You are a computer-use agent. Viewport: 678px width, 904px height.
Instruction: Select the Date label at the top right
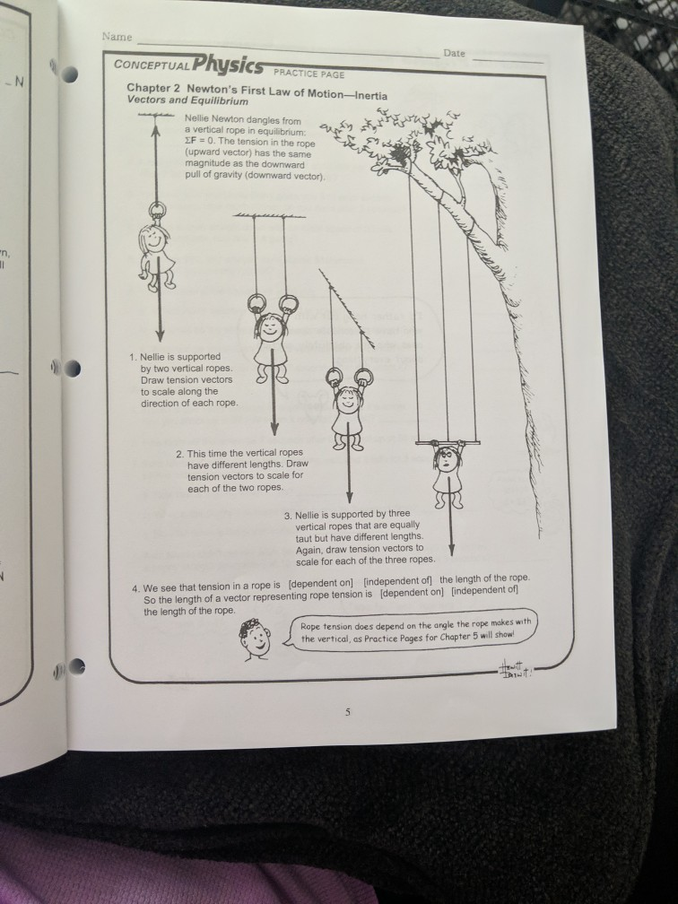pyautogui.click(x=455, y=54)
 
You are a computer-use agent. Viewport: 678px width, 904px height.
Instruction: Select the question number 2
pyautogui.click(x=179, y=453)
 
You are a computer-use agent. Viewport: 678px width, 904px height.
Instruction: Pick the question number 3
pyautogui.click(x=287, y=516)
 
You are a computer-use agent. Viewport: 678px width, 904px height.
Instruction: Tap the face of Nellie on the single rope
pyautogui.click(x=152, y=241)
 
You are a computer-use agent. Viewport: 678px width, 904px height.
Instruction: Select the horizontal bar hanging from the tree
pyautogui.click(x=448, y=442)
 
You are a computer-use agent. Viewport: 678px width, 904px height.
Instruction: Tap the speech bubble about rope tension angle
pyautogui.click(x=416, y=631)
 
